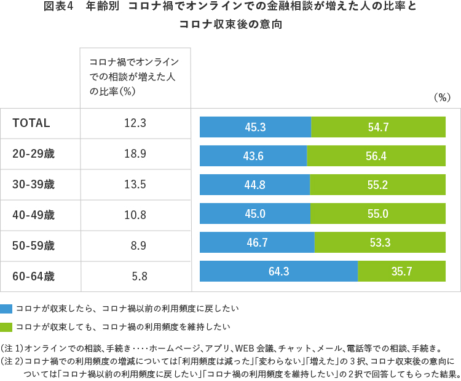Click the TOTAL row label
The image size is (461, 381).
tap(31, 123)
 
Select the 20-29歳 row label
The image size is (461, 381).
tap(34, 153)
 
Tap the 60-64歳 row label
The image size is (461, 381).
tap(34, 276)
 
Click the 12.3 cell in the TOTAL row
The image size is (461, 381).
tap(135, 123)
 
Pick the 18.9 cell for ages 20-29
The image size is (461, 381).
tap(135, 153)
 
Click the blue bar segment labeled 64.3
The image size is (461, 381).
tap(278, 271)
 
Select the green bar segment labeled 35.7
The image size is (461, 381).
tap(401, 271)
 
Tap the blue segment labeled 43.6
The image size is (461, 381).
tap(253, 156)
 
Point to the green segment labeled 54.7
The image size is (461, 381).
tap(378, 127)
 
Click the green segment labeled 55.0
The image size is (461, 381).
tap(377, 214)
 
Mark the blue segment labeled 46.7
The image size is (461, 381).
tap(257, 242)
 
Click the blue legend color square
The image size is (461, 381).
tap(7, 308)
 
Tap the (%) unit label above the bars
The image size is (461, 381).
tap(442, 97)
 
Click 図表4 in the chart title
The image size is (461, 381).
tap(60, 8)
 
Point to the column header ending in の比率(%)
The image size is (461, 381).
tap(134, 76)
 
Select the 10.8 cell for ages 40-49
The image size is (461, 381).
tap(135, 215)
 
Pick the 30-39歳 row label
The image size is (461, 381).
tap(34, 184)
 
